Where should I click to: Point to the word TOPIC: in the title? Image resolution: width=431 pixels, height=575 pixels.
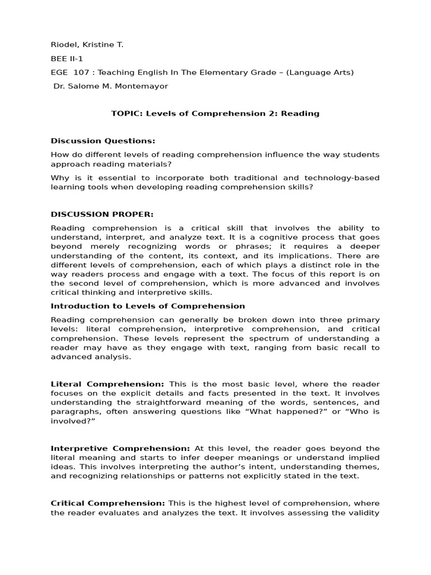tap(127, 113)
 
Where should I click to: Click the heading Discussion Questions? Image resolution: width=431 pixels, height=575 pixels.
tap(103, 140)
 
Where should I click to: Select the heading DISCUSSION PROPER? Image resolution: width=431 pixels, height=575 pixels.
tap(102, 214)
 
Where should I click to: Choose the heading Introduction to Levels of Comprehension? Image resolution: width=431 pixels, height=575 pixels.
tap(148, 306)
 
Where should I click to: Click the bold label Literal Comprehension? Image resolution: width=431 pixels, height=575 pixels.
tap(107, 384)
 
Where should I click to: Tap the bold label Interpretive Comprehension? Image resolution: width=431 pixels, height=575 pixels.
tap(120, 448)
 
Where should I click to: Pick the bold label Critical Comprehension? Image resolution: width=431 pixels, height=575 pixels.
tap(108, 503)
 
